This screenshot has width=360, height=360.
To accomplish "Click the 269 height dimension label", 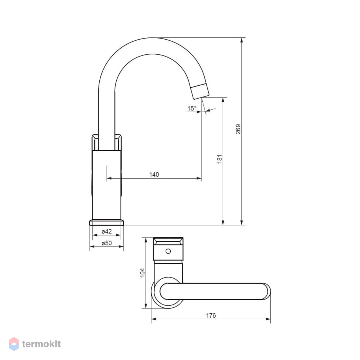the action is (238, 129).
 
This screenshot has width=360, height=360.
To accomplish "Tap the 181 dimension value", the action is (220, 159).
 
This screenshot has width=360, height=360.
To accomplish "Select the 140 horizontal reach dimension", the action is (154, 175).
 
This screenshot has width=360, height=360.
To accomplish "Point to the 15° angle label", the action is (192, 108).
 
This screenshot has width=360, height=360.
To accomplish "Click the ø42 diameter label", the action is (107, 231).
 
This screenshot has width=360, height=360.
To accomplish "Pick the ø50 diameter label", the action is (107, 243).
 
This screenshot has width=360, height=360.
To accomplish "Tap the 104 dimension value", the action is (142, 273).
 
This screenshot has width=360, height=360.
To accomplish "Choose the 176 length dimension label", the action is (211, 315).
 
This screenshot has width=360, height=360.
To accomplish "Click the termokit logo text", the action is (41, 344).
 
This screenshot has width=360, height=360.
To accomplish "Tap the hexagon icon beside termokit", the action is (14, 344).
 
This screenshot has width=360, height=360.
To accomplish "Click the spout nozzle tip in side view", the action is (200, 91).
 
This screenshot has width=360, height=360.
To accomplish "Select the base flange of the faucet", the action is (107, 222).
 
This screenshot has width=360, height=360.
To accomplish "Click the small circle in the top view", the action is (168, 251).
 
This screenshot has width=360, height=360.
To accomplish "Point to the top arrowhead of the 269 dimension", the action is (242, 40).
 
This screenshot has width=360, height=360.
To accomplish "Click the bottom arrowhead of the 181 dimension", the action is (223, 222).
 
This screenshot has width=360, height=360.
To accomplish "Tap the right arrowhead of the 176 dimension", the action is (268, 319).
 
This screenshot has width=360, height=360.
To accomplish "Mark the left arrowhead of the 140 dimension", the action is (109, 178).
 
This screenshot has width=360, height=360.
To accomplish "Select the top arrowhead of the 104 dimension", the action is (145, 240).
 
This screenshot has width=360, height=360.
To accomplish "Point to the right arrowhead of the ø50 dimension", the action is (121, 246).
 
